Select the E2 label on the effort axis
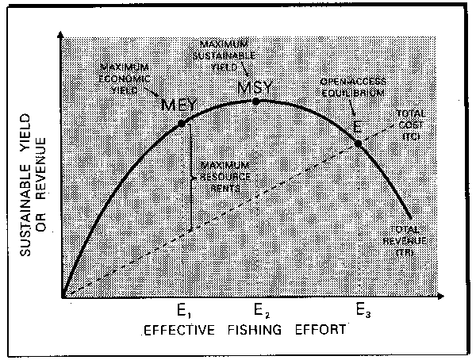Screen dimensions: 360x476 pyautogui.click(x=259, y=310)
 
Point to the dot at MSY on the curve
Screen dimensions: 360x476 pyautogui.click(x=255, y=101)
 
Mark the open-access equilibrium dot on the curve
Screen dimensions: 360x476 pyautogui.click(x=358, y=144)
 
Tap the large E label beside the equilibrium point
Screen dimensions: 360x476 pyautogui.click(x=359, y=127)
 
